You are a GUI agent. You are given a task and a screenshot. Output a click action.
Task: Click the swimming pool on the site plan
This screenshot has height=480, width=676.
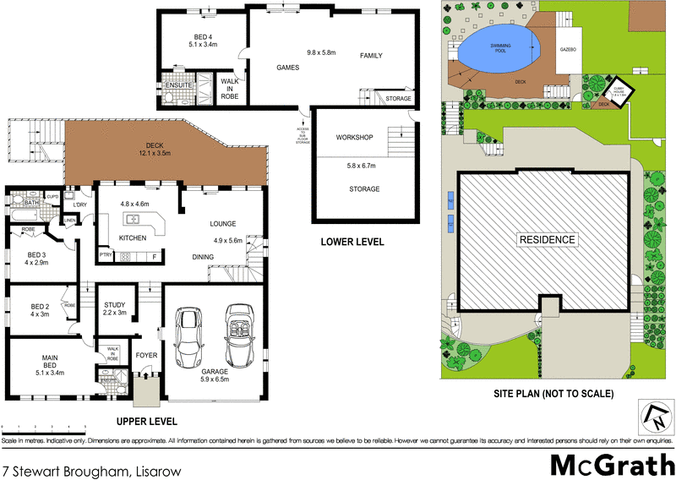coord(497,49)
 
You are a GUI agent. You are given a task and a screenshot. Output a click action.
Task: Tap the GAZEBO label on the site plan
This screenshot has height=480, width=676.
coord(568,50)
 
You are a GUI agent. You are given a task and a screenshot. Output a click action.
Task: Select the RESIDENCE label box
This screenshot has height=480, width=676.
coord(546,239)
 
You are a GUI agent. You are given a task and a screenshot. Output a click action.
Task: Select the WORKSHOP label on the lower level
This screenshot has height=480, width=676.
coord(354,137)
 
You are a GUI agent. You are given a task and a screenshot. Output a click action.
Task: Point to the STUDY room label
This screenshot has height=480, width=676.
coord(114,306)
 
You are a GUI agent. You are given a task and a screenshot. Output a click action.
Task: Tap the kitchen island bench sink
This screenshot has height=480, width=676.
coord(133,220)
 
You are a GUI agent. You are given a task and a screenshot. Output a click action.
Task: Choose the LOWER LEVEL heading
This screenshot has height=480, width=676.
coord(352,243)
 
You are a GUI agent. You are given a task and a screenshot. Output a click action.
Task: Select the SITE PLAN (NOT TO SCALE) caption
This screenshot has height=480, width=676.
coord(553,395)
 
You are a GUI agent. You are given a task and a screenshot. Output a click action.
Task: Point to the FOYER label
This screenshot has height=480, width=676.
coord(146,355)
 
